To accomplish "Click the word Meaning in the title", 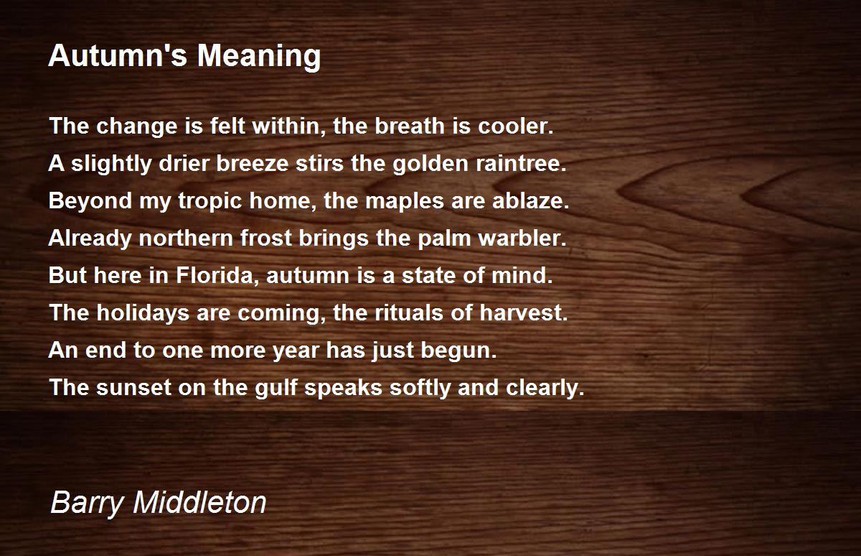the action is point(259,57).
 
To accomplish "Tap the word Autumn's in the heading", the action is point(118,55).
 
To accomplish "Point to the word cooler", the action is point(515,126).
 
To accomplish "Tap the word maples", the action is point(405,202).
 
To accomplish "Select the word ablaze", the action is point(530,200).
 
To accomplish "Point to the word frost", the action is point(266,238).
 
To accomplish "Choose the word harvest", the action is point(524,312).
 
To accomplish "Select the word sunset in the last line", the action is point(133,387).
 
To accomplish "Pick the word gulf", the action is point(276,388).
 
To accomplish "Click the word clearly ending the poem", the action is point(545,388).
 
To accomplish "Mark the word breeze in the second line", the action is point(252,163).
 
